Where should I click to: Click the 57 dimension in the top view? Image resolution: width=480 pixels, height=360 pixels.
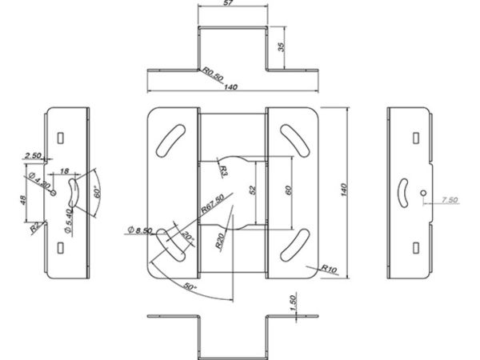(228, 3)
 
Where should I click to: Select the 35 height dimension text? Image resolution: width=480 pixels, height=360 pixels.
(282, 46)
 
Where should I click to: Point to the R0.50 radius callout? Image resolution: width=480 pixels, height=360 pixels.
(214, 75)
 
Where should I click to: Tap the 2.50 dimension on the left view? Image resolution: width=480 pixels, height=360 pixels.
(33, 155)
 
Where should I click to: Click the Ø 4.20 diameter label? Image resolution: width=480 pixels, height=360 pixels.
(40, 180)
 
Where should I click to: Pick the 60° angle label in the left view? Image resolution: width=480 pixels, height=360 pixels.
(97, 192)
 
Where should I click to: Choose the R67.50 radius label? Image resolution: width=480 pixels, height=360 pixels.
(213, 203)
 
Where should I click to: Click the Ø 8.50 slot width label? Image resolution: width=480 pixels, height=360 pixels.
(139, 230)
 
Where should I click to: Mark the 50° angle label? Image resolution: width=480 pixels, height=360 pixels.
(190, 287)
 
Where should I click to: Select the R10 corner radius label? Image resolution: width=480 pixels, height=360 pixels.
(329, 269)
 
